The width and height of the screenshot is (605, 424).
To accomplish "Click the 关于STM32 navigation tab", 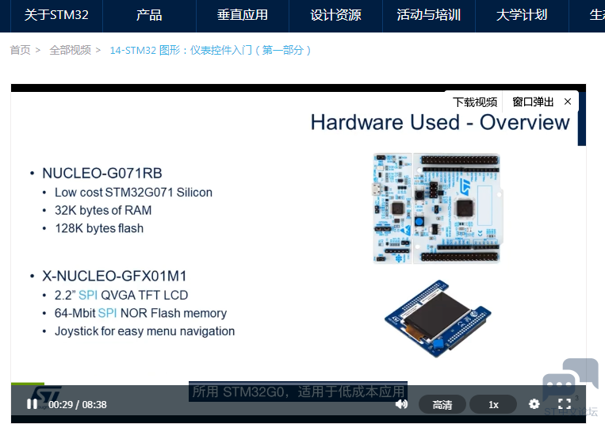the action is (x=56, y=15).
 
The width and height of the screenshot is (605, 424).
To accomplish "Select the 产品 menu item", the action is (x=149, y=15).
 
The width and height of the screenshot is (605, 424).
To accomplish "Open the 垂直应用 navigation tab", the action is (x=243, y=15).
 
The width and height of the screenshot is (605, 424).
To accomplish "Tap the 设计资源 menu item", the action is (x=335, y=15).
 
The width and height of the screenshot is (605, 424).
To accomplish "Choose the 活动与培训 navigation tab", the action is (x=429, y=15).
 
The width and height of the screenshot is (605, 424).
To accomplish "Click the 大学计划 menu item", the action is (x=522, y=15).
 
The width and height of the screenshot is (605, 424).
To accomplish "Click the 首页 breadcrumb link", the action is (x=20, y=50).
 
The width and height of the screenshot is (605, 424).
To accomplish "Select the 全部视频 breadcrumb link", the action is (x=71, y=50).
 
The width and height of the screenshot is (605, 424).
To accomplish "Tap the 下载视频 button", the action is (x=475, y=102).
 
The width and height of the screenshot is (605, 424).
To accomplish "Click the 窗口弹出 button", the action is (x=533, y=102).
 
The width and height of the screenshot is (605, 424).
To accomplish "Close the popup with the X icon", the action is (x=568, y=101).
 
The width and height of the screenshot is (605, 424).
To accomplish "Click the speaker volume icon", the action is (x=402, y=404).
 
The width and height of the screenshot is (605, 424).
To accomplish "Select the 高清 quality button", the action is (x=442, y=404).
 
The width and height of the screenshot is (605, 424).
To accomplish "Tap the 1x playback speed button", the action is (x=493, y=404).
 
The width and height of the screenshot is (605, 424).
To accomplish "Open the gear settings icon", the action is (x=534, y=404).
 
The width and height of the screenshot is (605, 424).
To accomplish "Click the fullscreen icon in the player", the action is (x=565, y=404).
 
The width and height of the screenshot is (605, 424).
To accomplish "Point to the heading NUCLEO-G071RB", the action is (x=102, y=174).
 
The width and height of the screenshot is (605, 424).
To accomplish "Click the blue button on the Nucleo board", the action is (x=419, y=222).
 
